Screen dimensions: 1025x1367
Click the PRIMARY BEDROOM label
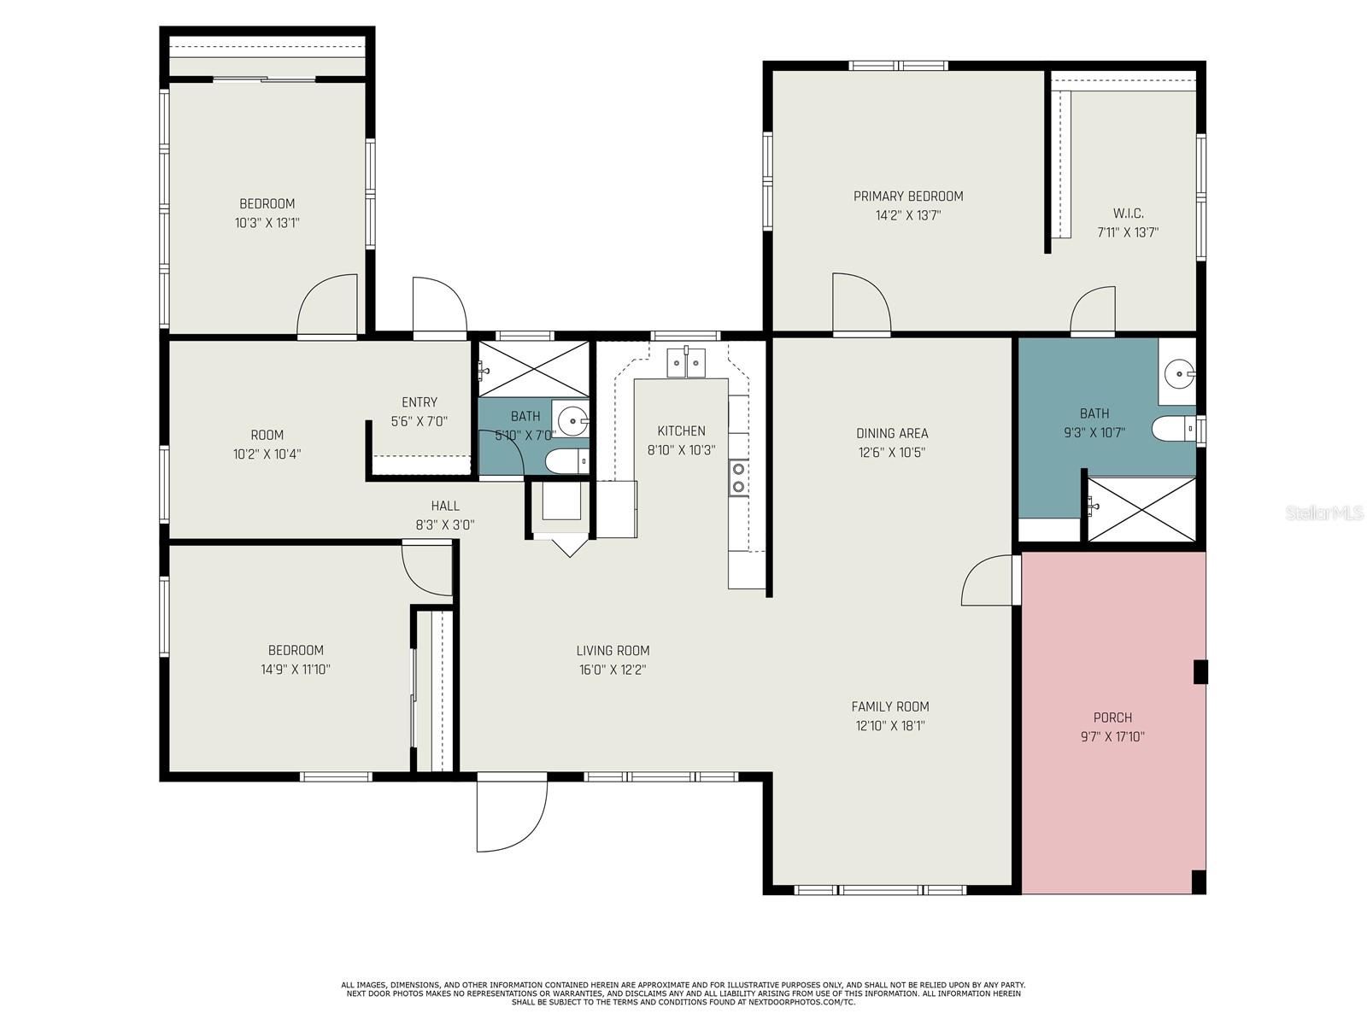pyautogui.click(x=908, y=196)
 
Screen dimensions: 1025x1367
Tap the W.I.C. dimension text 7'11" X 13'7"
pyautogui.click(x=1128, y=232)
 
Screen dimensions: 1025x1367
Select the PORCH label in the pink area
pyautogui.click(x=1112, y=717)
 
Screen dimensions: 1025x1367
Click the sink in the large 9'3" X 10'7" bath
pyautogui.click(x=1180, y=372)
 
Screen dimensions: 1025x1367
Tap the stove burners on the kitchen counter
pyautogui.click(x=738, y=478)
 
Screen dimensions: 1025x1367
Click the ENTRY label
pyautogui.click(x=419, y=402)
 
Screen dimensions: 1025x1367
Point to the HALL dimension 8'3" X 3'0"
pyautogui.click(x=445, y=525)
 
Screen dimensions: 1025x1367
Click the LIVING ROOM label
pyautogui.click(x=613, y=651)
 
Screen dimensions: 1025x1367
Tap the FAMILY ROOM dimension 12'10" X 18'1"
pyautogui.click(x=890, y=726)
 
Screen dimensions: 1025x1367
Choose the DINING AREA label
pyautogui.click(x=892, y=433)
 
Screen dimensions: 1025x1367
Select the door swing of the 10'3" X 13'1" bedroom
pyautogui.click(x=329, y=306)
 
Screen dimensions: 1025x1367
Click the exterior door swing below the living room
pyautogui.click(x=509, y=816)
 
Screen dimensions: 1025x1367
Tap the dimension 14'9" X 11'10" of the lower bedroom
pyautogui.click(x=296, y=670)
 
